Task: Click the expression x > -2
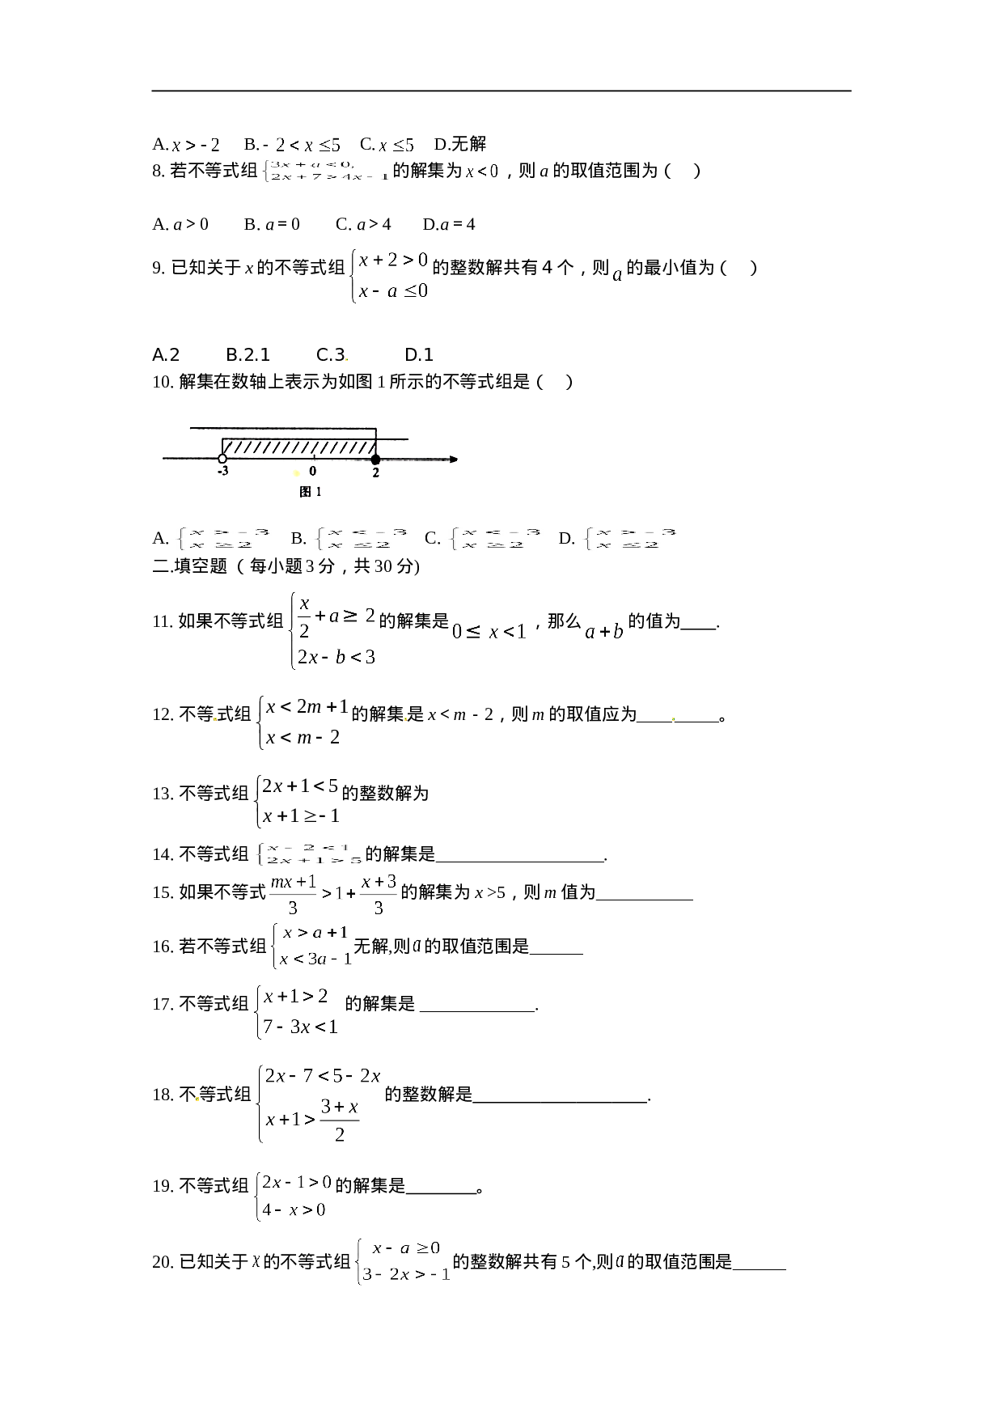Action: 195,145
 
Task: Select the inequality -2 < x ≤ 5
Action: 301,145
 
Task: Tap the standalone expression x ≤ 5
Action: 396,145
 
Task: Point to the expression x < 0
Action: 482,171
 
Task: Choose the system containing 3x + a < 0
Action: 324,171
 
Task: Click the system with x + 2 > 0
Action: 388,276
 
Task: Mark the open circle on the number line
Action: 222,459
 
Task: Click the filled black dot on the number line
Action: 375,460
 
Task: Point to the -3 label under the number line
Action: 222,472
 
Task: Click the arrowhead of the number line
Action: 454,460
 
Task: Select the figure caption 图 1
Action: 311,491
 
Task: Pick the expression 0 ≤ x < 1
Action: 489,631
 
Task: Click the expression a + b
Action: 604,631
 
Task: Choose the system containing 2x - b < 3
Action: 331,630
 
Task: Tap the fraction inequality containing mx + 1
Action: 333,894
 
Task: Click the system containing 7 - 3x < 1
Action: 294,1011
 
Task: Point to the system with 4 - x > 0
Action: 291,1196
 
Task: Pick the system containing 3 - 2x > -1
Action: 401,1261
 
